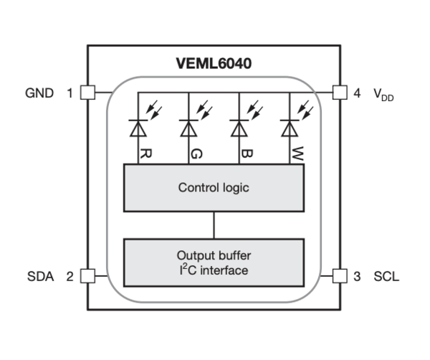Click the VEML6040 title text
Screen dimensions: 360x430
point(214,64)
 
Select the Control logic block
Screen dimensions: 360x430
point(214,188)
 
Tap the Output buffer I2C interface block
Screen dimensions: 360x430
point(214,262)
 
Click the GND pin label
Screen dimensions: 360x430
point(39,93)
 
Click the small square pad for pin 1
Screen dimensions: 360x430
point(87,93)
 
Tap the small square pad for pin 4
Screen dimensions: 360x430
point(340,93)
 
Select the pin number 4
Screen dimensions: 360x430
point(357,93)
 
